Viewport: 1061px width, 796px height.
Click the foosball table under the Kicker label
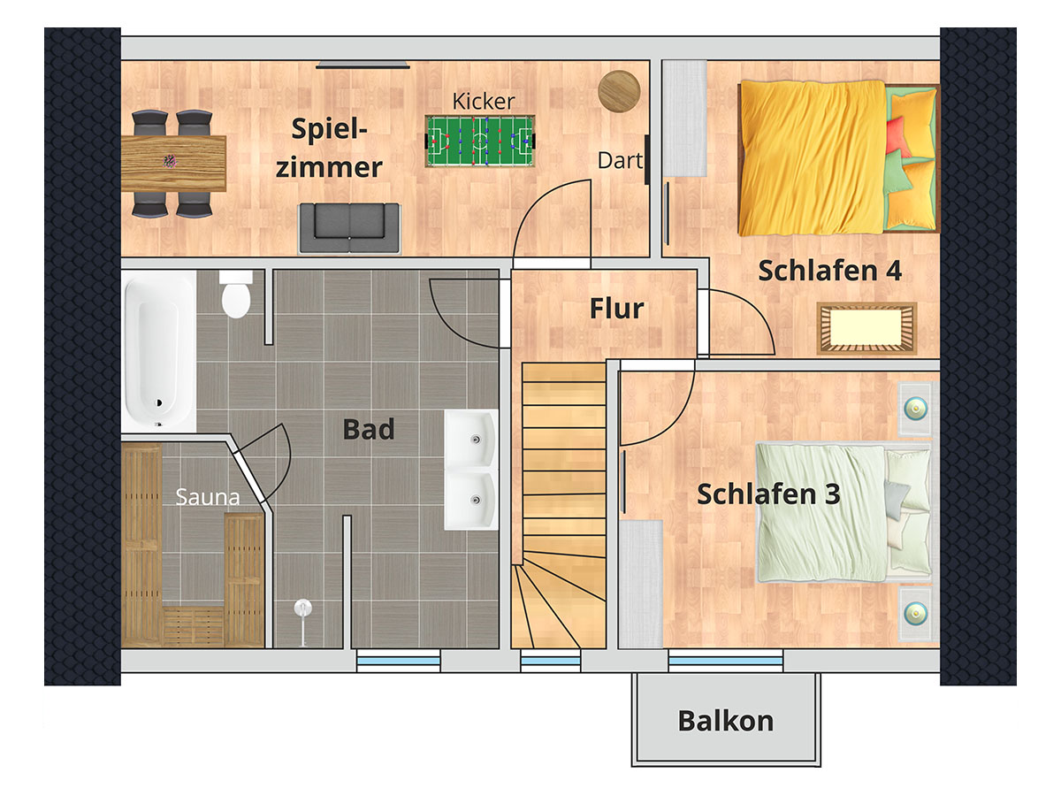[480, 141]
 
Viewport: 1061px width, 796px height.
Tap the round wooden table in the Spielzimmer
[619, 91]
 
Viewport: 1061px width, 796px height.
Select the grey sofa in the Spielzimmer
[349, 227]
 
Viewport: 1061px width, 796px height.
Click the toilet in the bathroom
[236, 294]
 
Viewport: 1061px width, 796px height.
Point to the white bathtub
[158, 350]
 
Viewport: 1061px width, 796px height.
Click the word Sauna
[208, 497]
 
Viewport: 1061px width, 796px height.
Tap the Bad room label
[369, 429]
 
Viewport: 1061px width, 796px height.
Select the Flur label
[617, 309]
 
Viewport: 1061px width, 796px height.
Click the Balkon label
[726, 721]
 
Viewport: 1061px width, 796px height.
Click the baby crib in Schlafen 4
[866, 329]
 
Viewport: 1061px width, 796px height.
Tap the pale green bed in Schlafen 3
[843, 512]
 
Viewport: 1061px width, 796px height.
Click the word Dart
[620, 161]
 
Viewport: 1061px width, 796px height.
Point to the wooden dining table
[173, 163]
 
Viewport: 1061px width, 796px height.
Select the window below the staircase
[551, 661]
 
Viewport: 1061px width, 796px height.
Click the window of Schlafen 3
[726, 661]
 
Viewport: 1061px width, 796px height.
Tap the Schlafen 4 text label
[830, 271]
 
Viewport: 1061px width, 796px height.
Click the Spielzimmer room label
[329, 149]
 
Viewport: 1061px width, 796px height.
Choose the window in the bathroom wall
[399, 661]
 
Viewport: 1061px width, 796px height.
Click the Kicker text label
[484, 102]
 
